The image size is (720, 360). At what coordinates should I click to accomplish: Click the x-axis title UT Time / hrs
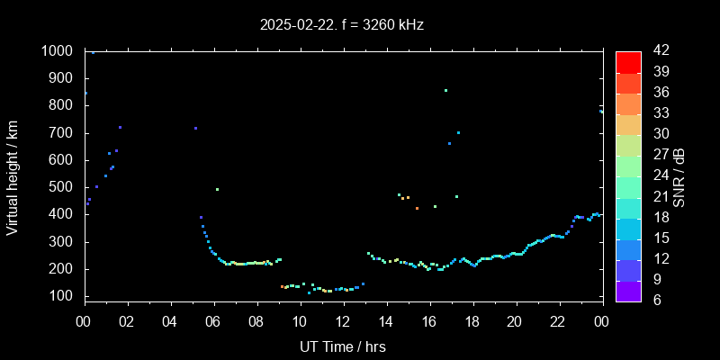[x=342, y=346]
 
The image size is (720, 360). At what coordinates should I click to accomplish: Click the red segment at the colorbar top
[x=628, y=61]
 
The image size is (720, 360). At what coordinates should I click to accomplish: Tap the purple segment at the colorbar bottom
[x=628, y=290]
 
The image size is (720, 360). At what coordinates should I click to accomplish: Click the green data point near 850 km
[x=445, y=90]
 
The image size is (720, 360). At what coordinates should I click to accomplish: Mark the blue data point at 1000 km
[x=93, y=52]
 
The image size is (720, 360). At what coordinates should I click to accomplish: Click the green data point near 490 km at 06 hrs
[x=217, y=189]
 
